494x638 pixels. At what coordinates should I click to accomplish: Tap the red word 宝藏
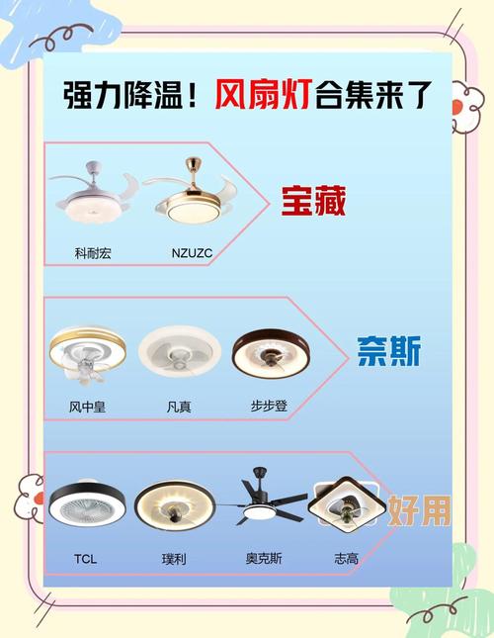click(x=312, y=202)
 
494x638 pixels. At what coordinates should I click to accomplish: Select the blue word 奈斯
click(x=388, y=351)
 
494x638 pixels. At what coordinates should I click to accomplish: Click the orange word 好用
click(x=419, y=509)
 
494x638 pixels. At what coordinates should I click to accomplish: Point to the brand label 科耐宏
click(x=93, y=253)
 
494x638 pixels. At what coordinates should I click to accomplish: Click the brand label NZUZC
click(x=191, y=253)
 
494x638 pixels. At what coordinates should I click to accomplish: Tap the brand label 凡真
click(x=179, y=406)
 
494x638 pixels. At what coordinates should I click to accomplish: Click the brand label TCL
click(x=85, y=559)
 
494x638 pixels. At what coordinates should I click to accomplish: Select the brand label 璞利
click(x=173, y=559)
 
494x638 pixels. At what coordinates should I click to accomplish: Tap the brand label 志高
click(x=347, y=559)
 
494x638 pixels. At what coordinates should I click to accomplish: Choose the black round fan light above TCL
click(x=87, y=506)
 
